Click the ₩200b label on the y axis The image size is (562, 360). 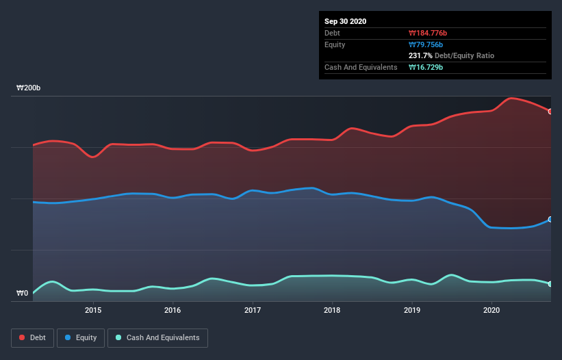pyautogui.click(x=29, y=88)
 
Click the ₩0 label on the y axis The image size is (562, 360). pyautogui.click(x=22, y=294)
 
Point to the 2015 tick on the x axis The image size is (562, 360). pyautogui.click(x=93, y=310)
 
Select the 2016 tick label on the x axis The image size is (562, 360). pyautogui.click(x=173, y=310)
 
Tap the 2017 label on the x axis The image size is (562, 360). pyautogui.click(x=253, y=310)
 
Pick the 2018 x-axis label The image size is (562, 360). pyautogui.click(x=332, y=310)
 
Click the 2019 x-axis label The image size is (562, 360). pyautogui.click(x=412, y=310)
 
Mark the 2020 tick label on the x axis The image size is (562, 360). pyautogui.click(x=491, y=310)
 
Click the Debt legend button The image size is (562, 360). pyautogui.click(x=33, y=337)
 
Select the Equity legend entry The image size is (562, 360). pyautogui.click(x=81, y=337)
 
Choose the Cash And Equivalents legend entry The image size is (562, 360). pyautogui.click(x=157, y=337)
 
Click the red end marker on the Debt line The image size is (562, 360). pyautogui.click(x=550, y=111)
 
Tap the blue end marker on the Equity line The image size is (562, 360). pyautogui.click(x=550, y=220)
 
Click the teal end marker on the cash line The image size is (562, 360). pyautogui.click(x=550, y=283)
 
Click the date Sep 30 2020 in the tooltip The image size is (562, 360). pyautogui.click(x=346, y=21)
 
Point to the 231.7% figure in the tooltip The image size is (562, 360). pyautogui.click(x=421, y=55)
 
